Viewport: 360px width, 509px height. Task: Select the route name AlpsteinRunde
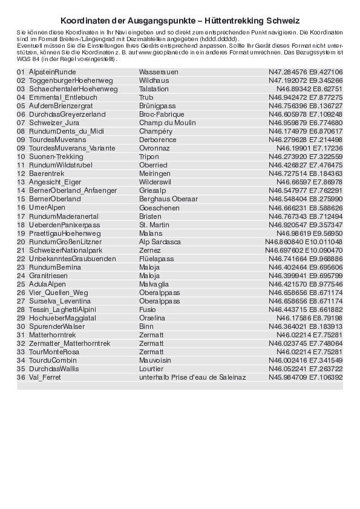coord(53,71)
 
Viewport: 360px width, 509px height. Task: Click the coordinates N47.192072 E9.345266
coord(306,80)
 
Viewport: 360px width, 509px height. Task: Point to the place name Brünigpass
coord(157,105)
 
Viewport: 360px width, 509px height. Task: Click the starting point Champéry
coord(156,131)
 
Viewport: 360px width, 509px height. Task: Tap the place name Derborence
coord(158,139)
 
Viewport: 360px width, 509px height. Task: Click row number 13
coord(21,181)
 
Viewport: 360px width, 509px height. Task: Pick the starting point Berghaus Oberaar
coord(168,199)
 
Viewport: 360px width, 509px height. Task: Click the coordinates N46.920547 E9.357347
coord(306,224)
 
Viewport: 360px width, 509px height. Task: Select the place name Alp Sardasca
coord(160,241)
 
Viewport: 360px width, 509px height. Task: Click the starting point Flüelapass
coord(157,258)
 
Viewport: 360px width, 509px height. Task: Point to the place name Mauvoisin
coord(156,360)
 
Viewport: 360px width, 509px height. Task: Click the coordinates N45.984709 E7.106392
coord(306,377)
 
